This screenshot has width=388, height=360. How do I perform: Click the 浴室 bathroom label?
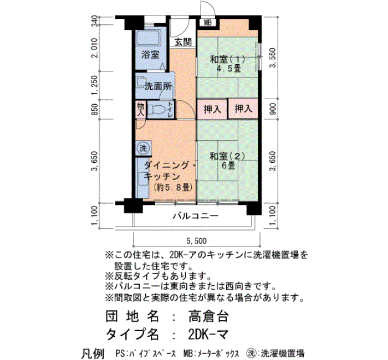coord(150,54)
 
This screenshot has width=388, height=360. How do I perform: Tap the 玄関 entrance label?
coord(183,42)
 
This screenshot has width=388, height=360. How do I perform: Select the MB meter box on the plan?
coord(208,23)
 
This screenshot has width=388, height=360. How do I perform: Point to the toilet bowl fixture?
coord(157,109)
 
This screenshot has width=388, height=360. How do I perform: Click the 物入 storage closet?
coord(141,109)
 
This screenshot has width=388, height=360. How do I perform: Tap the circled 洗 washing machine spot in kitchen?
coord(143,148)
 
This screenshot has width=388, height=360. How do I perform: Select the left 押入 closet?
coord(212,109)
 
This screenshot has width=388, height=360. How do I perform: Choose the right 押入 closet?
coord(243,109)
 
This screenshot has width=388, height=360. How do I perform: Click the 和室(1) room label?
coord(227,59)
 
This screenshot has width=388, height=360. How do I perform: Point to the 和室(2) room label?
coord(227,156)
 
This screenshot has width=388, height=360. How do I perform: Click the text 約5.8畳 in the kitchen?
coord(173,188)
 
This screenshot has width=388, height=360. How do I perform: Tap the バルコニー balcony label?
coord(196,216)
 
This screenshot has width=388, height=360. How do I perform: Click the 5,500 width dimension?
coord(196,240)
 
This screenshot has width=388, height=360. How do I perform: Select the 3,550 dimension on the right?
coord(273,58)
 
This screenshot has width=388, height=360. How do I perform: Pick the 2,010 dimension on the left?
coord(94,48)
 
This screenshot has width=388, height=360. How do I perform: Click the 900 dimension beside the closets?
coord(273,109)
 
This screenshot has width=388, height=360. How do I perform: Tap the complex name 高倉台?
coord(208,316)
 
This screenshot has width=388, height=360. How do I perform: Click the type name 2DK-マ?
coord(208,335)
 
